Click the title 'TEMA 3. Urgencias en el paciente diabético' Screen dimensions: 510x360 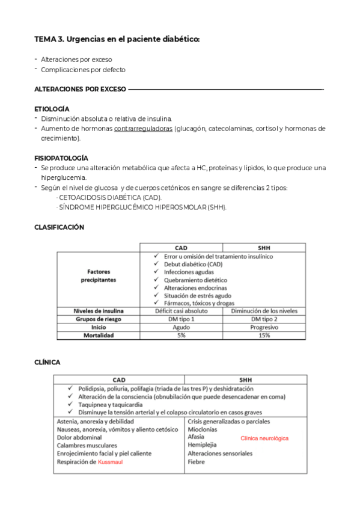117,40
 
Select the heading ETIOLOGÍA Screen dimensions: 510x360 52,109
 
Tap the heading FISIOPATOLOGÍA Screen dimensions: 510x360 61,158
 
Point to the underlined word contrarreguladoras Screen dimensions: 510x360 143,129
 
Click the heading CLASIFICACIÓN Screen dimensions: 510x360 59,227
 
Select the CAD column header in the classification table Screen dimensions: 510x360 181,247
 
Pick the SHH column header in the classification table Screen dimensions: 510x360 264,247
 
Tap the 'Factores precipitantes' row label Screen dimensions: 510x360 98,275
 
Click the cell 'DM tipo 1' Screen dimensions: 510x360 181,319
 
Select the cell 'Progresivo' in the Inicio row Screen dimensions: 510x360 264,327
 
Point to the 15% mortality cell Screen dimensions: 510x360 264,335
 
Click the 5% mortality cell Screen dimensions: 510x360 181,335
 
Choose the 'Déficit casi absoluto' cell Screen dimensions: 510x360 181,311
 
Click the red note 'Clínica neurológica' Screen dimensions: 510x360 264,438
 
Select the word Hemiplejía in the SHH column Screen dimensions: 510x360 202,445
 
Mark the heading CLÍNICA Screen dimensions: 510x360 47,362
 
